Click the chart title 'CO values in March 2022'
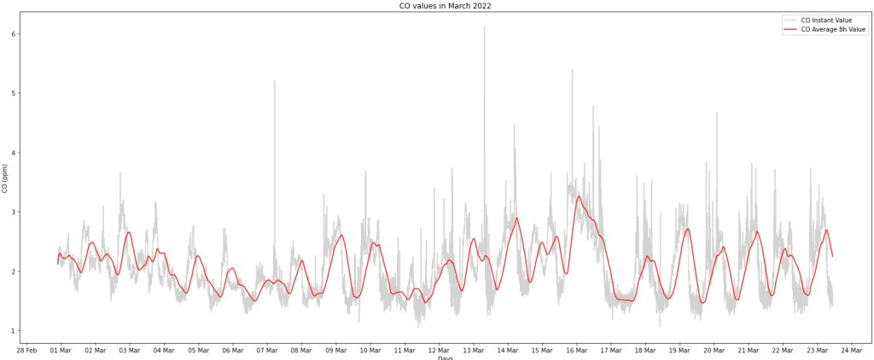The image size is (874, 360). [x=445, y=6]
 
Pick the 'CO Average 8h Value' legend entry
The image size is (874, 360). [x=833, y=29]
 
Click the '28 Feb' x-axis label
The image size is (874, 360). [x=26, y=349]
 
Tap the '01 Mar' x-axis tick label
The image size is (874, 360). [x=61, y=349]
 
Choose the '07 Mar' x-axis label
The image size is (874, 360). [x=267, y=349]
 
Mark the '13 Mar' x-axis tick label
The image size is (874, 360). [x=474, y=349]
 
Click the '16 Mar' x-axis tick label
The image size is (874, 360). [x=577, y=349]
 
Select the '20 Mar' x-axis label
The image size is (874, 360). [x=714, y=349]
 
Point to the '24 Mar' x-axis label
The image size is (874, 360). [x=852, y=349]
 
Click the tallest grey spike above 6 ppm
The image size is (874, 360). [x=484, y=27]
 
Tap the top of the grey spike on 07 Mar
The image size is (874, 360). [x=275, y=81]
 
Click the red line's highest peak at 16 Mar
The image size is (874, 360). [x=579, y=196]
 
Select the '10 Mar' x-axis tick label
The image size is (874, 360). [x=370, y=349]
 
